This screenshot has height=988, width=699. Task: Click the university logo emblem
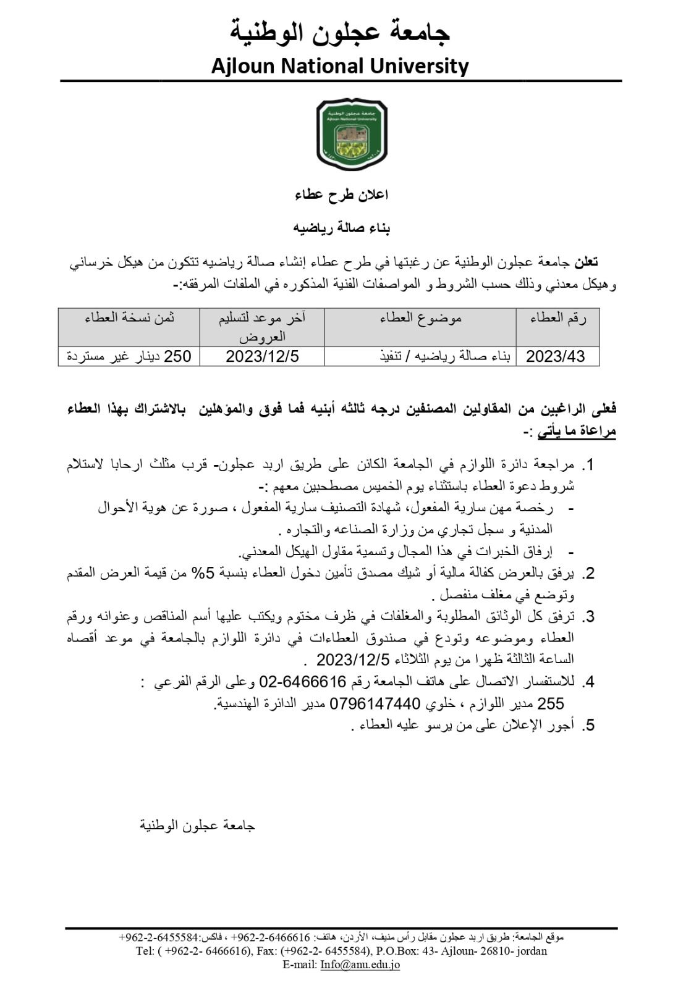[x=352, y=135]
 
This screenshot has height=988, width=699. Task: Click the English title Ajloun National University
[x=340, y=65]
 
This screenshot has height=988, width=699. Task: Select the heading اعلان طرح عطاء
[x=341, y=195]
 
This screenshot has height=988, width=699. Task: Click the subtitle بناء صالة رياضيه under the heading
[x=341, y=228]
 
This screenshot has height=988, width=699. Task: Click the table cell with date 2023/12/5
[x=262, y=356]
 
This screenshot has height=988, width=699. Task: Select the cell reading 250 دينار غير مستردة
[x=129, y=356]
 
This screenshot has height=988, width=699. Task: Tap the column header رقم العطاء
[x=557, y=319]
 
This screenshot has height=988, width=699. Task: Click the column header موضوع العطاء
[x=420, y=319]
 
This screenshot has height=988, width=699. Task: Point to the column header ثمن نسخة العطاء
[x=129, y=319]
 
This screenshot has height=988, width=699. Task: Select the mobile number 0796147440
[x=375, y=703]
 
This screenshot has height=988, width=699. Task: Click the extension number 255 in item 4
[x=551, y=703]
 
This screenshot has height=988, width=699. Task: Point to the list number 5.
[x=590, y=725]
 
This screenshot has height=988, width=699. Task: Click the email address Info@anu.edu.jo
[x=360, y=965]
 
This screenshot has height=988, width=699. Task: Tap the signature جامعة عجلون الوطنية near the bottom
[x=197, y=826]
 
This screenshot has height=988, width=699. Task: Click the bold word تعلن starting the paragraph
[x=586, y=262]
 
